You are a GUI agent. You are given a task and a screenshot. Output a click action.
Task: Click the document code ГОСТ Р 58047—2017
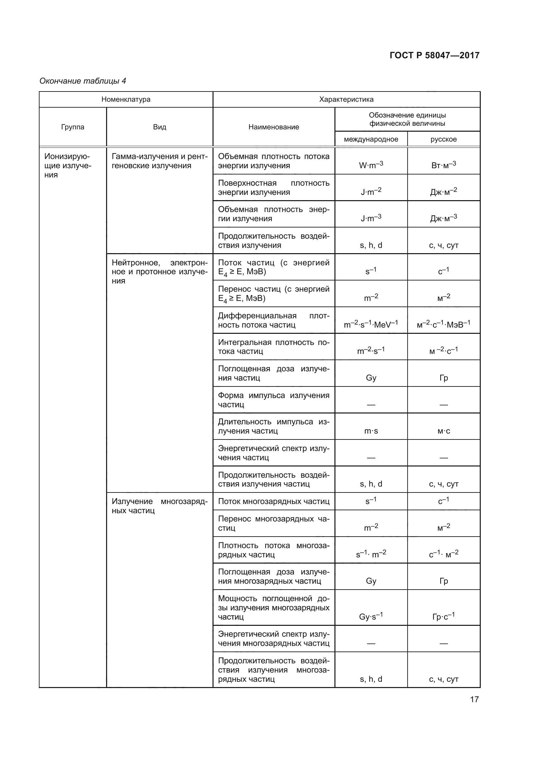(434, 55)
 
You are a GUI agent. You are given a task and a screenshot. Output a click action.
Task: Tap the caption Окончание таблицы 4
(83, 81)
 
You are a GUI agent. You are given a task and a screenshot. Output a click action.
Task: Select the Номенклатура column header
(126, 100)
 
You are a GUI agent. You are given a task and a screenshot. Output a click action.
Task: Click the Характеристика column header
(346, 100)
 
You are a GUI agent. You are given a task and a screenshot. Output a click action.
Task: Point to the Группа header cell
(72, 127)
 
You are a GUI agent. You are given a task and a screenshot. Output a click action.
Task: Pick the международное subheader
(371, 139)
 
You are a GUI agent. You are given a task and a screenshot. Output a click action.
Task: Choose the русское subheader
(443, 139)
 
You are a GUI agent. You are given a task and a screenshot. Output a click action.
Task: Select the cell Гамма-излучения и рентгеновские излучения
(159, 161)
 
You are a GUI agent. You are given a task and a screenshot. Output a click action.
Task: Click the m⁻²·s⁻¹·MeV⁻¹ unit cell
(371, 324)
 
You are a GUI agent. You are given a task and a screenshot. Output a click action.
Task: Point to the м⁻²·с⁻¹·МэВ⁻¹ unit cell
(443, 324)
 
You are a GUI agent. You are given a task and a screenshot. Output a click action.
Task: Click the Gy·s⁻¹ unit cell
(371, 617)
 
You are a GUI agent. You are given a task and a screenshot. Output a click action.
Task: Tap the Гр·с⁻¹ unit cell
(443, 617)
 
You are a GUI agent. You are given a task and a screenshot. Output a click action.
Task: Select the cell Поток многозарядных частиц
(273, 501)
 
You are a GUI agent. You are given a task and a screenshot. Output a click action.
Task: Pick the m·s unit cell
(371, 431)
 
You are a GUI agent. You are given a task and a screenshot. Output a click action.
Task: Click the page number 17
(474, 700)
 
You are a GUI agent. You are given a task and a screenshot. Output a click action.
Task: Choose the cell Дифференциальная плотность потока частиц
(273, 320)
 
